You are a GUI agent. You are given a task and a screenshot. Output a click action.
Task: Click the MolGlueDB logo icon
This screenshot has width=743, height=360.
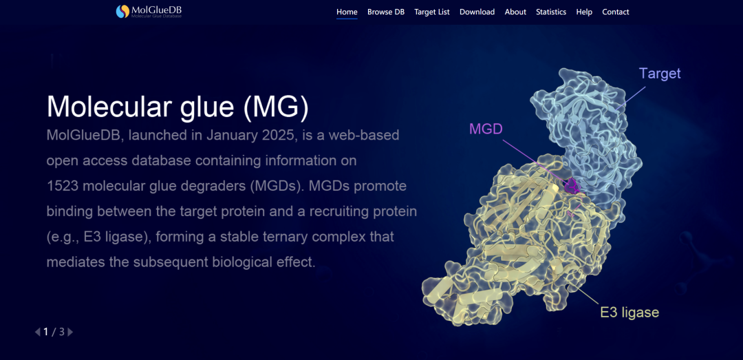coord(122,12)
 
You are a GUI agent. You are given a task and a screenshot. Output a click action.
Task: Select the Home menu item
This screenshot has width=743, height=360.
coord(347,12)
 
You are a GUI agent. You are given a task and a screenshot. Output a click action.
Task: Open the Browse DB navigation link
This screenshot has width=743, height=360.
coord(386,12)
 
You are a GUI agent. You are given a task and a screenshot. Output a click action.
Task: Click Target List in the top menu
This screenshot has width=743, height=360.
coord(431,12)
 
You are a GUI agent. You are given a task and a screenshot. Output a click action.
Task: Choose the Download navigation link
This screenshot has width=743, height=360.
coord(477,12)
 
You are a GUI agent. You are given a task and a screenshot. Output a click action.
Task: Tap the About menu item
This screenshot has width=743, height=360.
coord(515,12)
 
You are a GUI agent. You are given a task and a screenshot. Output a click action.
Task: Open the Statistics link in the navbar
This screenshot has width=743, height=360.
coord(551,12)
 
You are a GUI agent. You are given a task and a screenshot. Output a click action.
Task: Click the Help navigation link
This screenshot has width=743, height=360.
coord(584,12)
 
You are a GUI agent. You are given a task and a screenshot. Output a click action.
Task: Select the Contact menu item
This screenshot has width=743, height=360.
coord(616,12)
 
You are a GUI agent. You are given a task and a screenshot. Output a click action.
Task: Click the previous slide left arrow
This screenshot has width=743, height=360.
coord(37,332)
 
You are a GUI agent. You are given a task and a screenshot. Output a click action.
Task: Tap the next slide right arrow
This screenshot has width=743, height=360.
coord(71,332)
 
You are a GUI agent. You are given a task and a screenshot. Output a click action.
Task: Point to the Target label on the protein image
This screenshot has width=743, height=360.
coord(660,73)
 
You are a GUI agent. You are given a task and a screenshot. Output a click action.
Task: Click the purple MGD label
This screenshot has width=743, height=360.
coord(486,129)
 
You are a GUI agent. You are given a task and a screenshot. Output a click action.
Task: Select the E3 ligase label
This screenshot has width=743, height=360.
coord(629,313)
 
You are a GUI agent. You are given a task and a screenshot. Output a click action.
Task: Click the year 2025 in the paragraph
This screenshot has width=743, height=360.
coord(279,135)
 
